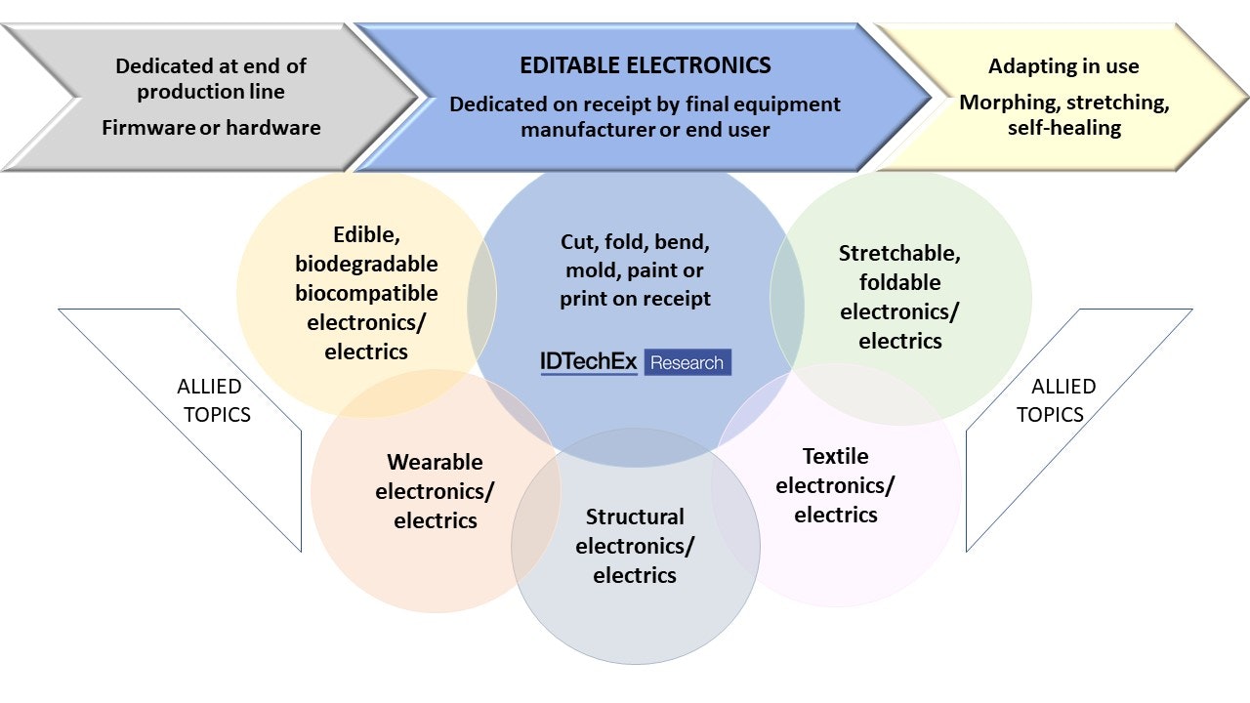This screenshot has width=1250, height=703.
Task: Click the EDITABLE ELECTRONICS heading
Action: coord(646,66)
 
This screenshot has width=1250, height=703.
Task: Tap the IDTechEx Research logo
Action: coord(635,362)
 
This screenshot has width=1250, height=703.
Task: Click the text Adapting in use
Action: coord(1063,66)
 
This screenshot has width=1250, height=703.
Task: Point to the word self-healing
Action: coord(1063,128)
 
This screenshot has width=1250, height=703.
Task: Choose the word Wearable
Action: coord(435,462)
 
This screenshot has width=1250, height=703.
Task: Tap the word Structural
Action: coord(635,517)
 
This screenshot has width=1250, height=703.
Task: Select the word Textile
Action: coord(835,456)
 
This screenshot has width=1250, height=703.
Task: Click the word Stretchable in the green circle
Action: coord(899,254)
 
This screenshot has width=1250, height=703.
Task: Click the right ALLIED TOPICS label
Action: coord(1057,399)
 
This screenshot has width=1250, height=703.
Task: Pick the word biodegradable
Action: coord(366,264)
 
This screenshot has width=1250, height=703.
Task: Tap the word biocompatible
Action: coord(366,293)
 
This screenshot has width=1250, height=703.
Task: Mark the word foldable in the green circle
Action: coord(899,282)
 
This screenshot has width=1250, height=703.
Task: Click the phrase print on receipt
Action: coord(635,299)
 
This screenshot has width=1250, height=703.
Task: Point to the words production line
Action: coord(210,92)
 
